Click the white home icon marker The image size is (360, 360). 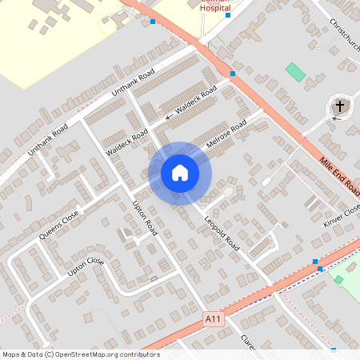180,173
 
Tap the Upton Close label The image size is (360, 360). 86,266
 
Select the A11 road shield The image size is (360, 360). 212,318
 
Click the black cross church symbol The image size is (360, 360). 340,106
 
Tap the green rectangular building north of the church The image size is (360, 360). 296,71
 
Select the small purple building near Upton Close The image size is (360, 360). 153,278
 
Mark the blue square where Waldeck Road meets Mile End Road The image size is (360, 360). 233,74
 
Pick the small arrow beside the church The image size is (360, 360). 336,118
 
